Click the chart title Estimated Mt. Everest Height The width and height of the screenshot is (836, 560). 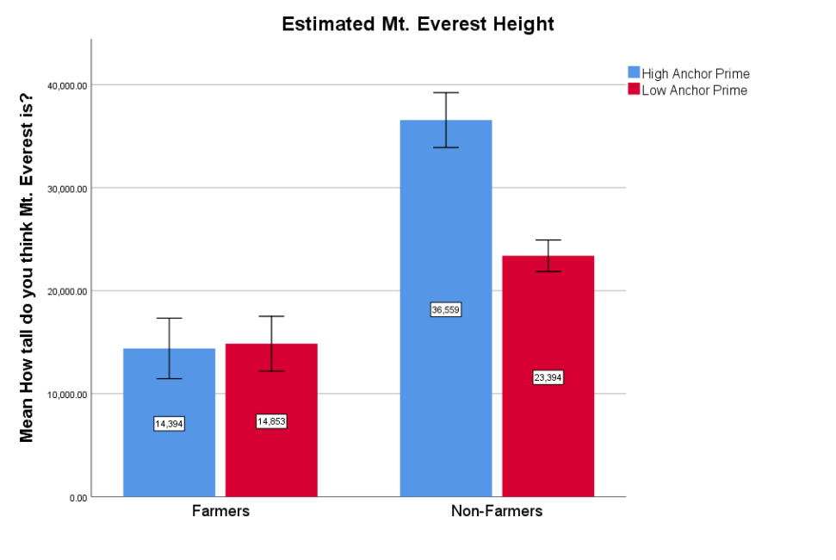click(x=418, y=24)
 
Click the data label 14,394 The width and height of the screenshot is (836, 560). click(x=169, y=424)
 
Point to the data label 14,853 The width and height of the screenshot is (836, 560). click(x=271, y=421)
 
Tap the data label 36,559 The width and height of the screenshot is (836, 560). click(x=446, y=310)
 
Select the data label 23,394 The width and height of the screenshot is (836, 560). click(x=548, y=377)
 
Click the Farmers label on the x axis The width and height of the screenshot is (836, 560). click(x=220, y=511)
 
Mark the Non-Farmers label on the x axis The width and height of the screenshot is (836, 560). click(x=497, y=511)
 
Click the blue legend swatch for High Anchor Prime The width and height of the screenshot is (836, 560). click(x=634, y=73)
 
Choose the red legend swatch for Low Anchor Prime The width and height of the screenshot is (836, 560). click(x=634, y=90)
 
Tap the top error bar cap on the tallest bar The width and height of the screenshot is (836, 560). click(x=446, y=92)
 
